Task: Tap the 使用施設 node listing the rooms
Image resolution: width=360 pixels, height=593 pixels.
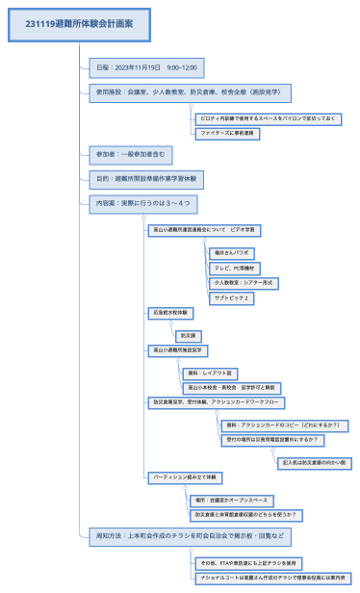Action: click(188, 94)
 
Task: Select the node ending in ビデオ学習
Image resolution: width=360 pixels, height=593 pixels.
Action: click(204, 230)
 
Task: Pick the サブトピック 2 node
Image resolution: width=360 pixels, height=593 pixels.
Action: click(231, 298)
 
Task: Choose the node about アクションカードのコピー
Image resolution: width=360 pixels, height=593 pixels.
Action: click(281, 425)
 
